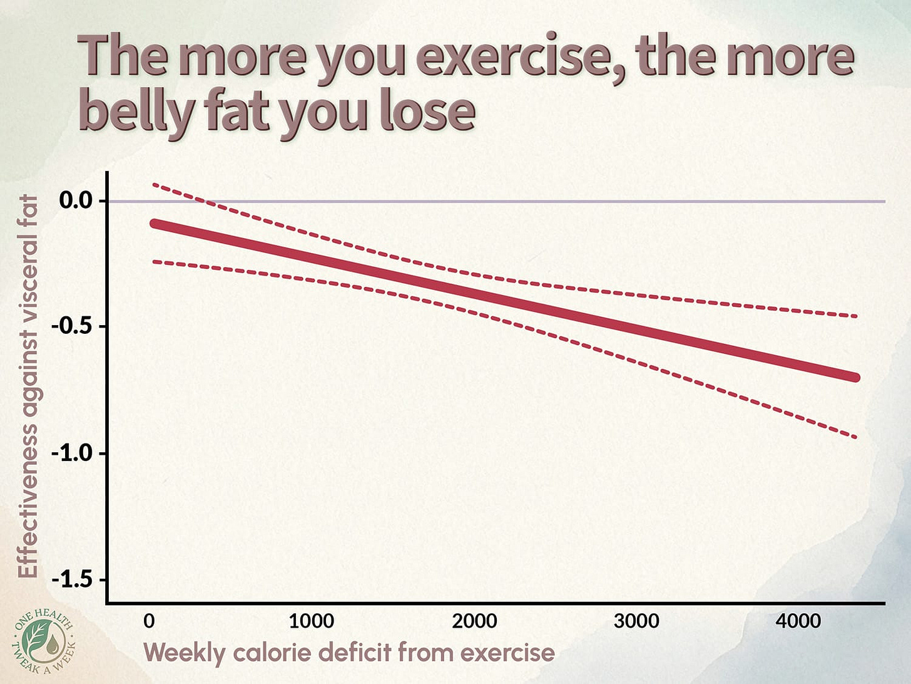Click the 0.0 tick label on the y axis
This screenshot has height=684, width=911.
pyautogui.click(x=75, y=200)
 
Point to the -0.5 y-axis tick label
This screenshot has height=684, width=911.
pyautogui.click(x=72, y=327)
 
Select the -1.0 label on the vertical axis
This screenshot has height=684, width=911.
pyautogui.click(x=72, y=453)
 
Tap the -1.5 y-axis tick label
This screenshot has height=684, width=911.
pyautogui.click(x=72, y=579)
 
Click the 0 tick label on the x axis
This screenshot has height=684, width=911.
pyautogui.click(x=149, y=621)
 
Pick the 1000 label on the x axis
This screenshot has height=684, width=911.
pyautogui.click(x=311, y=621)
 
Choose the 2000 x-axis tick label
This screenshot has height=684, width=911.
pyautogui.click(x=474, y=621)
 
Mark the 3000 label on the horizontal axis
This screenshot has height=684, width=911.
pyautogui.click(x=636, y=621)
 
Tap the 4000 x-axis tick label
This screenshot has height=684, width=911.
pyautogui.click(x=798, y=621)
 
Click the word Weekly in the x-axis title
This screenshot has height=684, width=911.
pyautogui.click(x=184, y=653)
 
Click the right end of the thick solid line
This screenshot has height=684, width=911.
pyautogui.click(x=856, y=377)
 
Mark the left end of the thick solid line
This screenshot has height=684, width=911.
pyautogui.click(x=154, y=224)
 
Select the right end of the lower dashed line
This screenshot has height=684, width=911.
pyautogui.click(x=856, y=437)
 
